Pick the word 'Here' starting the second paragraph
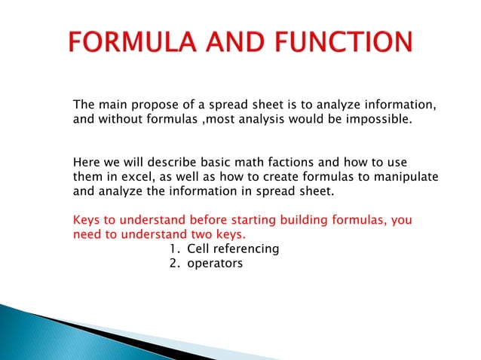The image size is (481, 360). (x=86, y=162)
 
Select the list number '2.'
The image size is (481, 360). (x=174, y=263)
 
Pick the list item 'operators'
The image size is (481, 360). (x=215, y=263)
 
